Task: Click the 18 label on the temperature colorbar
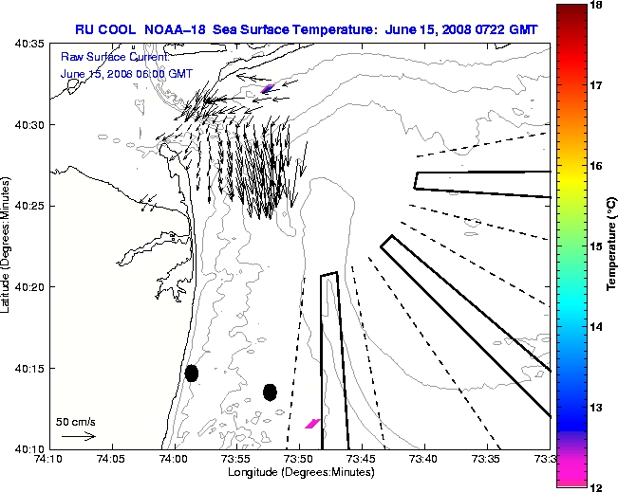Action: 597,6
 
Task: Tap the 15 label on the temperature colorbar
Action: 597,246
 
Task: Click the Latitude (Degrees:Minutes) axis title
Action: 8,249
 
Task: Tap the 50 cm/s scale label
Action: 76,421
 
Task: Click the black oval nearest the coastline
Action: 192,373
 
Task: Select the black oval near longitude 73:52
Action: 270,392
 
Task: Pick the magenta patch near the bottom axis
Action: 312,423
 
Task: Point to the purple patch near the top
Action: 269,88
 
